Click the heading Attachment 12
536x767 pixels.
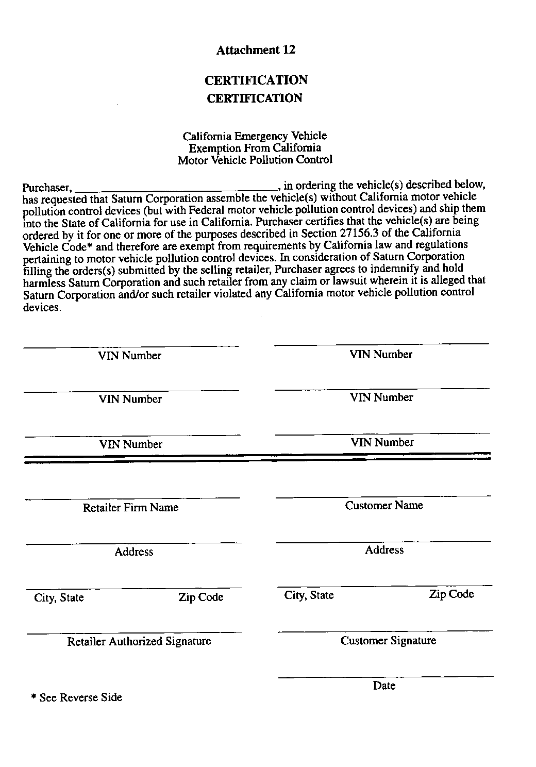tap(256, 50)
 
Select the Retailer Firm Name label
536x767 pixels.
tap(130, 508)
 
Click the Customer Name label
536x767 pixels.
tap(384, 506)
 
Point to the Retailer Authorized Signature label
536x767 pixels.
tap(139, 642)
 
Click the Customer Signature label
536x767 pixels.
tap(388, 641)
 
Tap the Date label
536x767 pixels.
tap(384, 686)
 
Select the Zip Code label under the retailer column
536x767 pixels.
tap(200, 597)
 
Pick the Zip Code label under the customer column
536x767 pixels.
tap(451, 594)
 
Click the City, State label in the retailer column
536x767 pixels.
tap(59, 598)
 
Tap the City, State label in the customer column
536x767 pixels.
tap(309, 595)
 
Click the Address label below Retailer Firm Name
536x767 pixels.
tap(133, 552)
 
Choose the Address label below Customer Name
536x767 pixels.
tap(384, 550)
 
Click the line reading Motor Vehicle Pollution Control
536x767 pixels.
tap(255, 160)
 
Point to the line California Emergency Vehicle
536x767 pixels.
tap(255, 136)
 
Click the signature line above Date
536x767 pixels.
tap(386, 676)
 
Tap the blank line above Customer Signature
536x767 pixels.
tap(384, 631)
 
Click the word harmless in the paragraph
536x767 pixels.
tap(44, 282)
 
